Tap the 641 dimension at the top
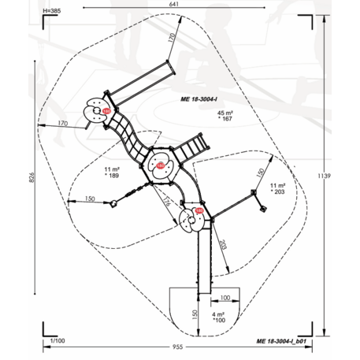(183, 6)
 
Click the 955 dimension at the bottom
(179, 347)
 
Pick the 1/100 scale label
(57, 340)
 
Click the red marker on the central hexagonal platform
(161, 165)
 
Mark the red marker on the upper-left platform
(106, 111)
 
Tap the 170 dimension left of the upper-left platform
(61, 124)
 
